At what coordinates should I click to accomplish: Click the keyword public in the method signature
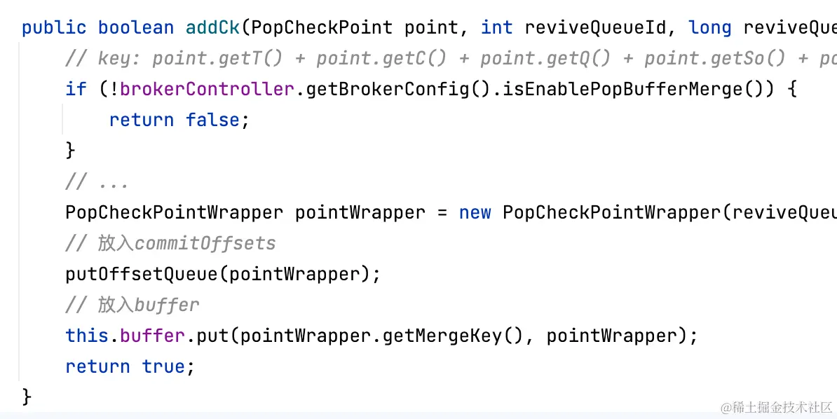54,28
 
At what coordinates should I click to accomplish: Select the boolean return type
136,28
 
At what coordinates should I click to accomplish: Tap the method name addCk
213,28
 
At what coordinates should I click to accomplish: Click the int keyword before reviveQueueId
496,28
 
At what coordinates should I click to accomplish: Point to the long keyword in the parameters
710,28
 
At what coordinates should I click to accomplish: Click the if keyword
76,90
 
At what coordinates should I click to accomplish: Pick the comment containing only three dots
97,182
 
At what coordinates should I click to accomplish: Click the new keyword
475,212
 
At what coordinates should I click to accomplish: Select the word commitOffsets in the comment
205,243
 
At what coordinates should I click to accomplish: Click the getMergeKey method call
442,336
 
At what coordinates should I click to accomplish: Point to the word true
167,366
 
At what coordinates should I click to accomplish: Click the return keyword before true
97,366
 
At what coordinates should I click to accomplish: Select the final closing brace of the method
27,397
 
